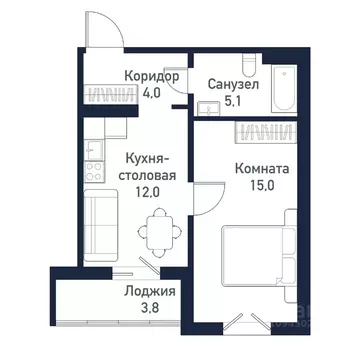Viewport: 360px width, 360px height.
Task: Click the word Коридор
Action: (x=152, y=76)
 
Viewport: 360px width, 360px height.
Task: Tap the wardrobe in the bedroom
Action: (x=266, y=131)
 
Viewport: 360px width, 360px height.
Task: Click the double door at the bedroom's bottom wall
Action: (x=243, y=322)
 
